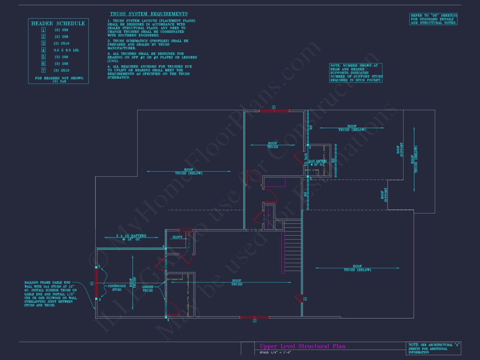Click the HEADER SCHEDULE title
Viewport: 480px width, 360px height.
tap(58, 23)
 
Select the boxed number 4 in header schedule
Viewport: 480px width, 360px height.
tap(44, 50)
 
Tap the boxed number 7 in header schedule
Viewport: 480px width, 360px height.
tap(44, 70)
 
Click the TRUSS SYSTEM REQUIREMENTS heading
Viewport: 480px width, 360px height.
tap(149, 14)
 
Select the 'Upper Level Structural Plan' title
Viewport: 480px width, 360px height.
tap(302, 346)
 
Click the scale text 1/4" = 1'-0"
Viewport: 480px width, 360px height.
tap(275, 352)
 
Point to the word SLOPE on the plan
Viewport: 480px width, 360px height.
tap(177, 237)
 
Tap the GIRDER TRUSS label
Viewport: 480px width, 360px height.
tap(148, 288)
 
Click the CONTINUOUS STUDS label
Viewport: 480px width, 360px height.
tap(117, 288)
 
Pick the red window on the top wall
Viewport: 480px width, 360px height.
tap(274, 110)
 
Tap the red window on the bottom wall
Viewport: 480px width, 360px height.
tap(254, 317)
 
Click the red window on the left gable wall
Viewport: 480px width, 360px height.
tap(96, 284)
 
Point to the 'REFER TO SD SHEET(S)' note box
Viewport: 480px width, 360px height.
tap(433, 19)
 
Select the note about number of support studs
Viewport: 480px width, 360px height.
tap(356, 73)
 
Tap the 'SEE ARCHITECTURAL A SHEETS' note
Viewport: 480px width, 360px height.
tap(434, 348)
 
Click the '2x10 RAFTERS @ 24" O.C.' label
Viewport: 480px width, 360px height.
tap(318, 162)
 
